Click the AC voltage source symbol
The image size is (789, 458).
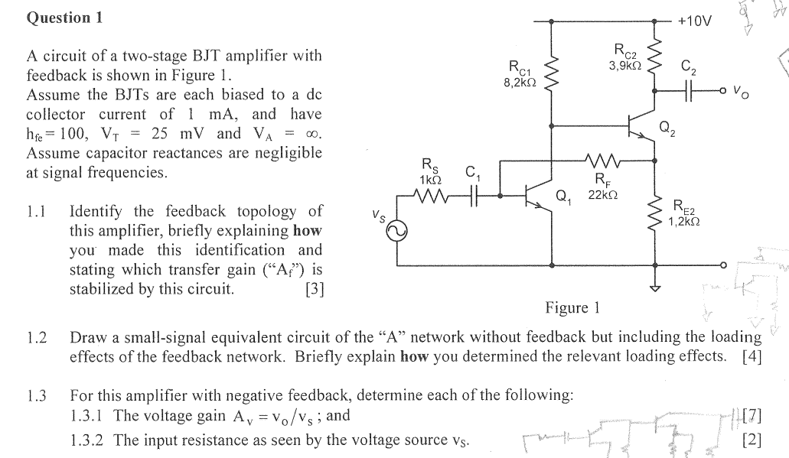[x=396, y=232]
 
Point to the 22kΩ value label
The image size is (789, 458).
[x=603, y=195]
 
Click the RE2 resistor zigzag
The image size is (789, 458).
[x=655, y=214]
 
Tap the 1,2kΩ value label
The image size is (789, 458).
[x=683, y=222]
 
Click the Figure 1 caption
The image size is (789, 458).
[x=572, y=307]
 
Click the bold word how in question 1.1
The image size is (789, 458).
[x=307, y=230]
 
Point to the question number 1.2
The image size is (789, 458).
[x=37, y=337]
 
